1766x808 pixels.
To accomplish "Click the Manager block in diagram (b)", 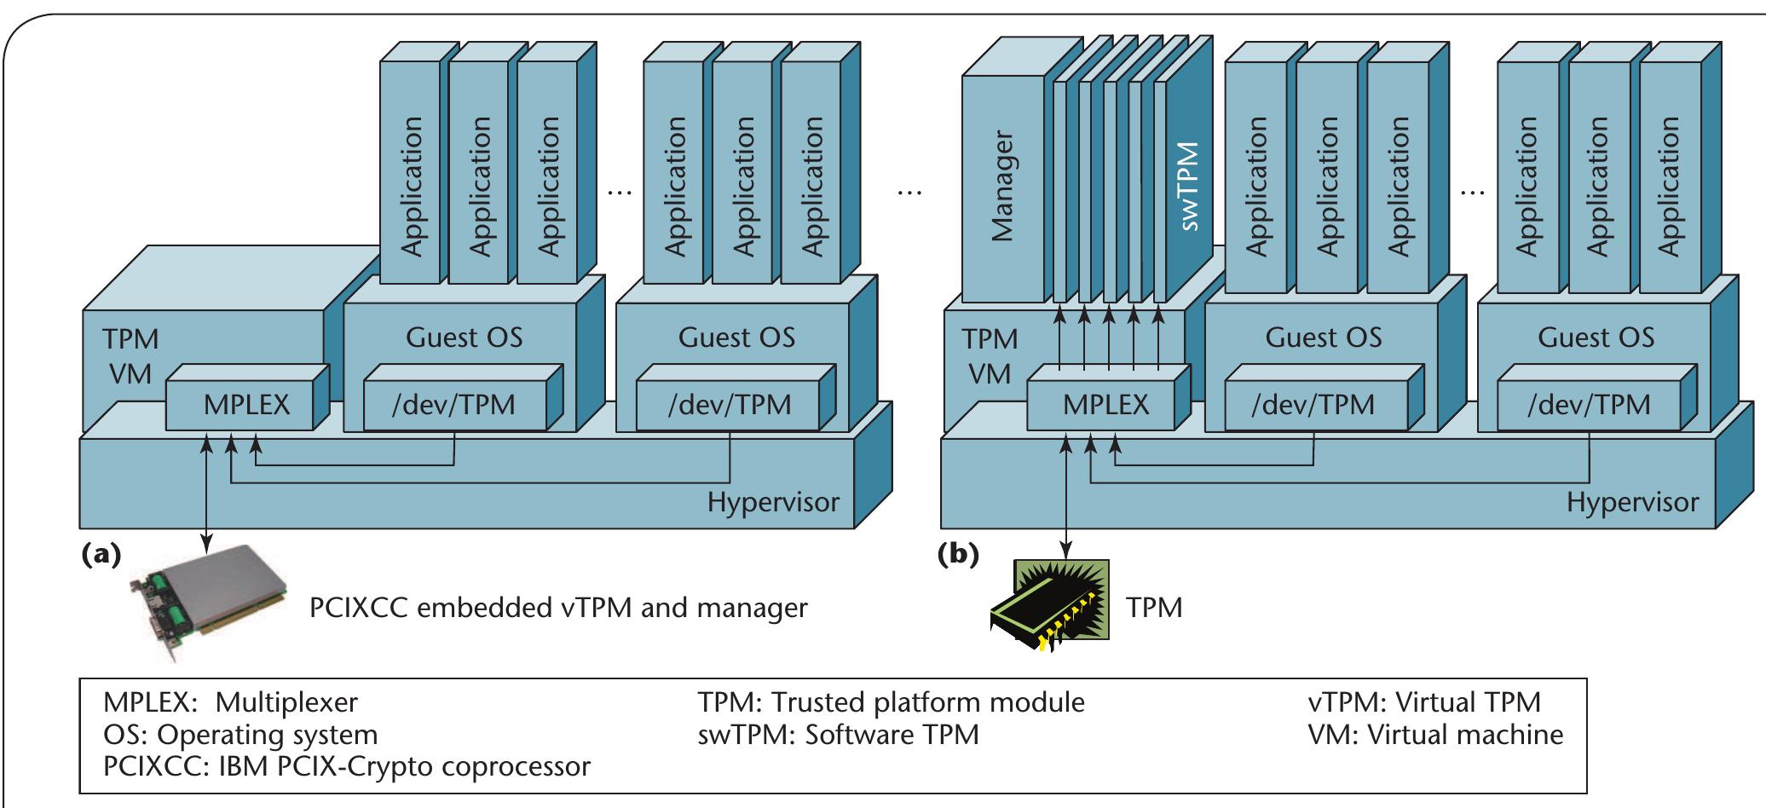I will coord(1003,188).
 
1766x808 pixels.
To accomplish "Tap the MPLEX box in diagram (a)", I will coord(246,405).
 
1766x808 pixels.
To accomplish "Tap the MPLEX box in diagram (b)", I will coord(1105,405).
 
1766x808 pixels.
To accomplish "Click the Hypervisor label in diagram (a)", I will coord(772,502).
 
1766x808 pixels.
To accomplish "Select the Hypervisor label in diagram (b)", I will coord(1631,502).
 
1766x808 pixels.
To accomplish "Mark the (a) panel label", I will coord(100,554).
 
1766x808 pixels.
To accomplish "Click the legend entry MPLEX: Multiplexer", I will coord(230,702).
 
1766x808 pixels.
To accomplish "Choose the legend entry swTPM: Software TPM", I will coord(838,734).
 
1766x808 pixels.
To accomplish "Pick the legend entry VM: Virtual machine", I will coord(1435,734).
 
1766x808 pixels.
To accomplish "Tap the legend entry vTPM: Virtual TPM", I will coord(1424,702).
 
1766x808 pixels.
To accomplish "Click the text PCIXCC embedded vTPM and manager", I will coord(557,609).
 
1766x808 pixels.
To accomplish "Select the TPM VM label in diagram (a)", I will coord(130,356).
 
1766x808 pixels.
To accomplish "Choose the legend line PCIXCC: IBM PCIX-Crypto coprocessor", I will coord(346,765).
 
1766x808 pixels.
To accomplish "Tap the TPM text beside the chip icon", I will coord(1155,608).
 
